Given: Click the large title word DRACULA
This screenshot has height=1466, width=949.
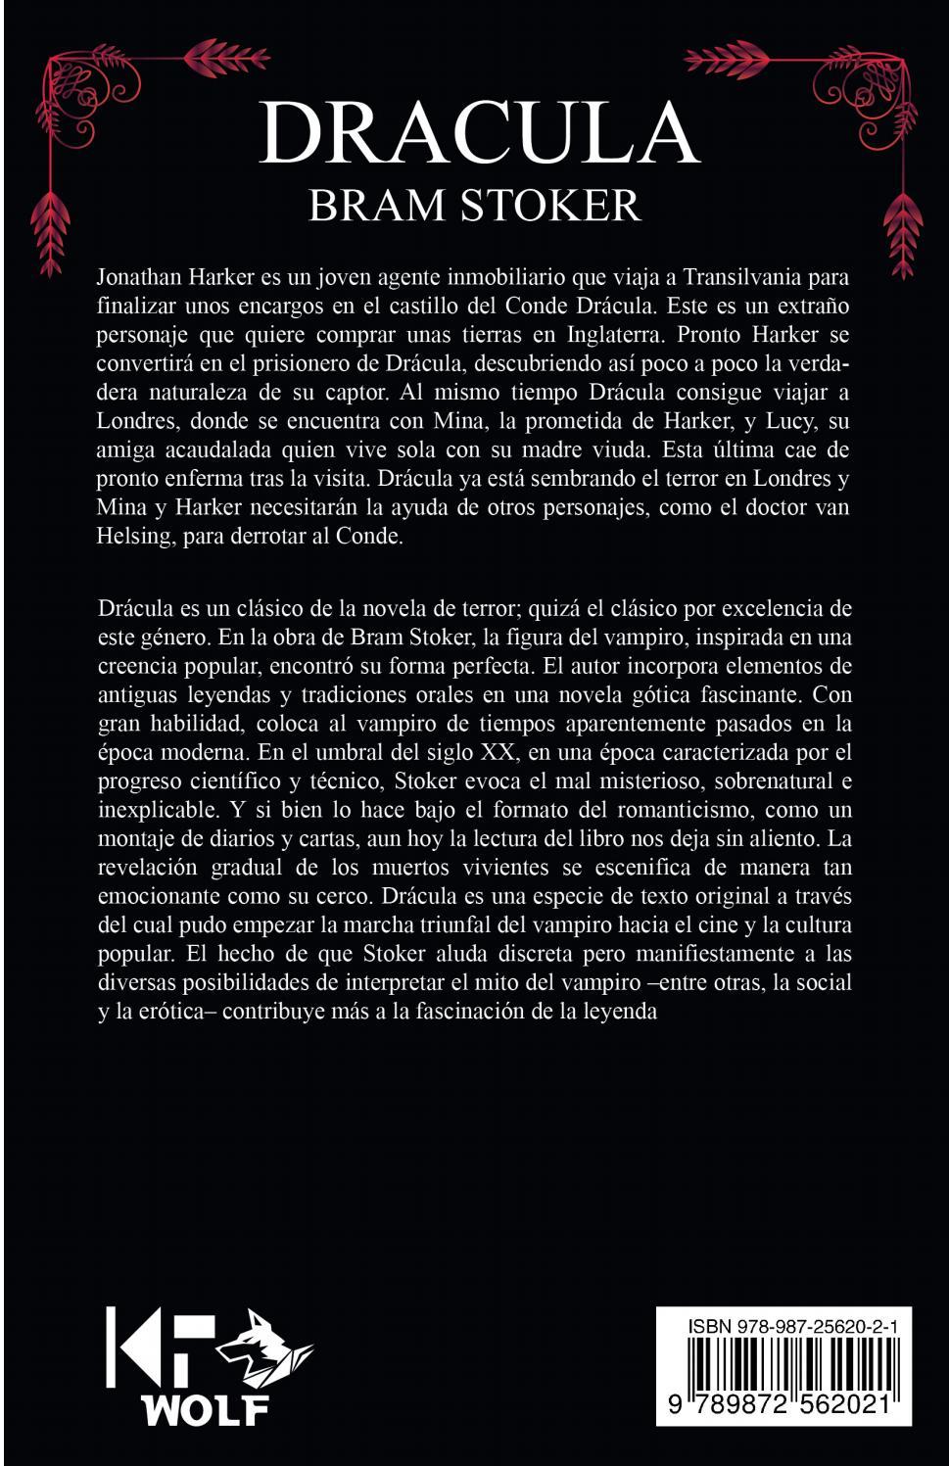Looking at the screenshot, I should point(480,133).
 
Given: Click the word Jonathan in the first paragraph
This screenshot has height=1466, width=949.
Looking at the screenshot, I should point(137,276).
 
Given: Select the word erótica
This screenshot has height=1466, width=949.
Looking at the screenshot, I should point(173,1011).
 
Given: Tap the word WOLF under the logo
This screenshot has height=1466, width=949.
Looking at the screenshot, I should point(205,1409).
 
